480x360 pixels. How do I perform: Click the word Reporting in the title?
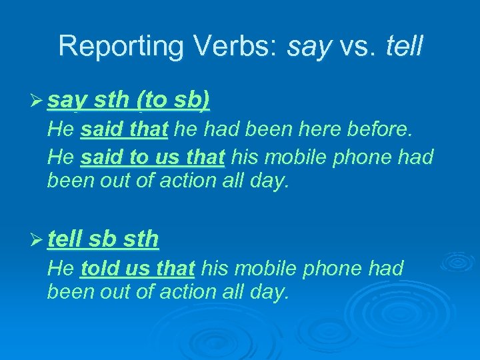click(111, 47)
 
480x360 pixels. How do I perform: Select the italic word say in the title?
click(309, 47)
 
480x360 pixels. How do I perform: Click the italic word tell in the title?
click(404, 45)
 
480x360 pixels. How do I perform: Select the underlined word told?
click(100, 269)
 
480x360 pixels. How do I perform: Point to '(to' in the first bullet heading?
click(151, 101)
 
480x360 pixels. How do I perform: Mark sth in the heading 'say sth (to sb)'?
click(111, 101)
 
